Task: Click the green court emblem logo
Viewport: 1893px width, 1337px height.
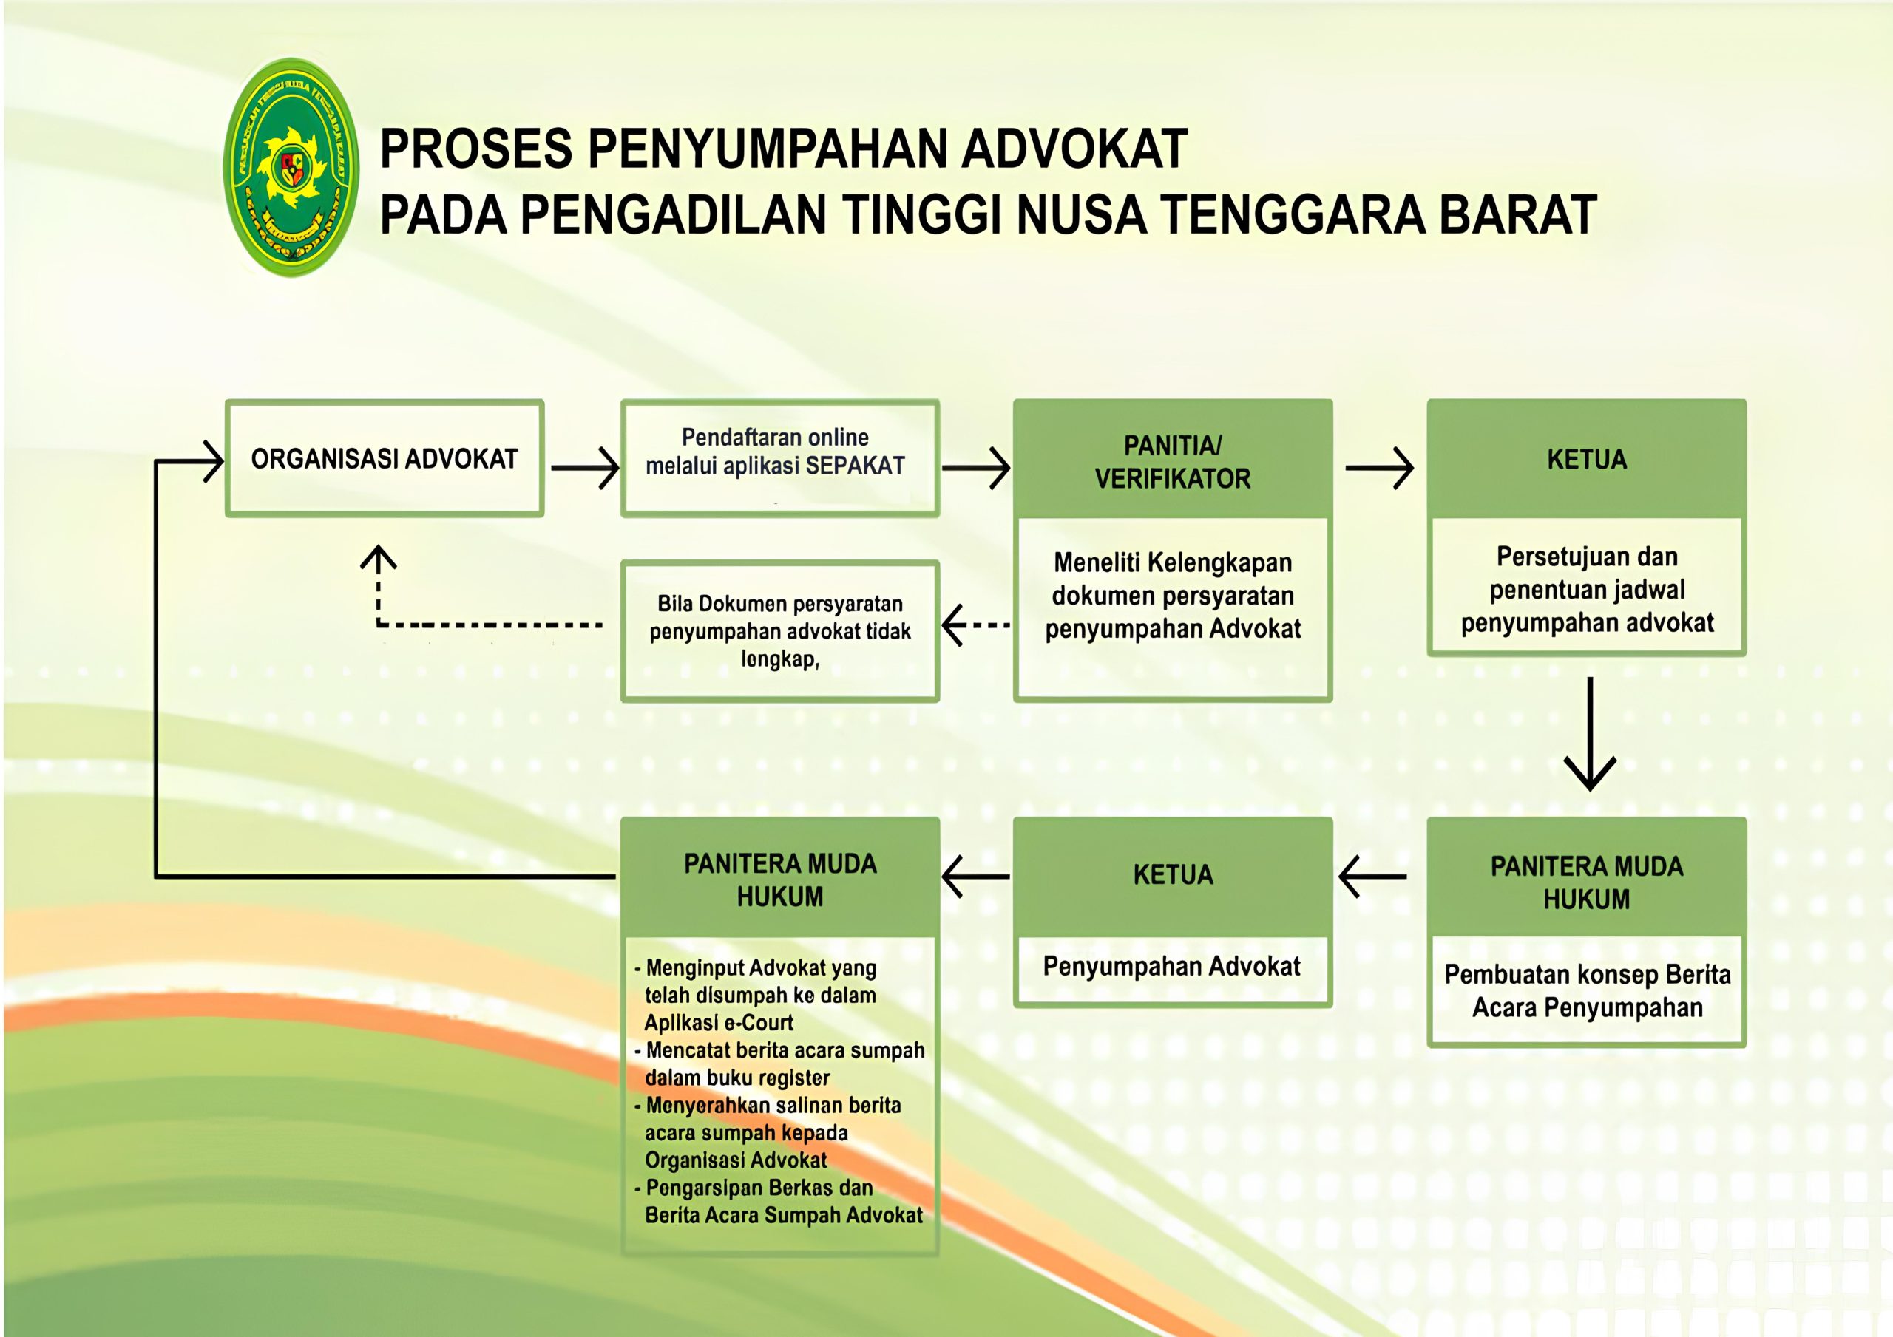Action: point(291,167)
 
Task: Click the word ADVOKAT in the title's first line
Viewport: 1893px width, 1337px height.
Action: point(1074,149)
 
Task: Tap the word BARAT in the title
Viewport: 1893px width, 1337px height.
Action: point(1518,215)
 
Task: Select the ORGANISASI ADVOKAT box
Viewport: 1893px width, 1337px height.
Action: point(385,458)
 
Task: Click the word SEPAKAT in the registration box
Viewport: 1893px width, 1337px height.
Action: point(855,466)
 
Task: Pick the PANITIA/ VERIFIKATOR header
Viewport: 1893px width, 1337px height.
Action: point(1173,462)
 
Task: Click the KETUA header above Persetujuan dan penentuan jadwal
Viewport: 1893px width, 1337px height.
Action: point(1586,459)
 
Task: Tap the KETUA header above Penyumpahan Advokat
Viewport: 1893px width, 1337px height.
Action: point(1173,874)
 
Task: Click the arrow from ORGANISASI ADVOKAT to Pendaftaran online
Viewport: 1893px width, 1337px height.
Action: point(586,467)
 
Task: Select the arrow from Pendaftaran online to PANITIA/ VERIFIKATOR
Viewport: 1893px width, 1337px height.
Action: point(976,467)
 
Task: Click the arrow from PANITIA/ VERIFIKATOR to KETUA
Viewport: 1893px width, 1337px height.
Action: point(1379,467)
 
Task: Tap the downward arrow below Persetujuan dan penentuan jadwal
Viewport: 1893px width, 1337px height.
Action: point(1590,734)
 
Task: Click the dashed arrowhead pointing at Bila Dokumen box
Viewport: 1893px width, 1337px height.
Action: point(955,625)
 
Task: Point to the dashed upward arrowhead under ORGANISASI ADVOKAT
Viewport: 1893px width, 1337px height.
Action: point(379,557)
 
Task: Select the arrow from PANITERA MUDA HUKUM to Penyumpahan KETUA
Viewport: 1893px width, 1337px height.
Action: point(1372,877)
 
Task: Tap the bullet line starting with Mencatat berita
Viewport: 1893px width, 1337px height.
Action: point(780,1064)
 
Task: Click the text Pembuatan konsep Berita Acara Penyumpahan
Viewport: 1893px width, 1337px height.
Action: point(1587,991)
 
